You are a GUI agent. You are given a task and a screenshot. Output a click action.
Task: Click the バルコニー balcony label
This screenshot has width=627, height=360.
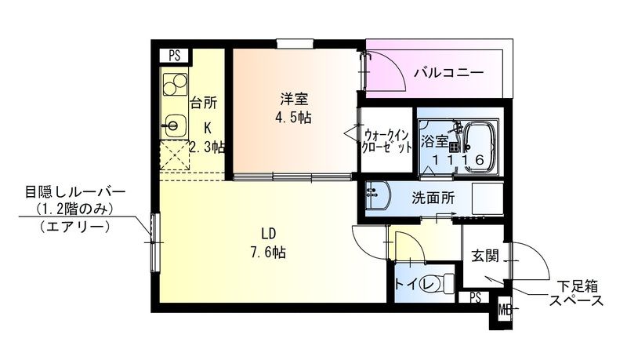pyautogui.click(x=448, y=73)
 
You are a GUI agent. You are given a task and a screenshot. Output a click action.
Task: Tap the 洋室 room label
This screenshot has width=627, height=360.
pyautogui.click(x=295, y=100)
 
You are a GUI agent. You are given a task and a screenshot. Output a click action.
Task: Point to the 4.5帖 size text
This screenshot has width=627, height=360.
pyautogui.click(x=295, y=118)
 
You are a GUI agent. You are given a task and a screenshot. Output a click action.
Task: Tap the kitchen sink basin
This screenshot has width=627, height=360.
pyautogui.click(x=174, y=122)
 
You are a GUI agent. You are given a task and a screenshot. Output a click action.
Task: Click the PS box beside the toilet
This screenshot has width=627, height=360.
pyautogui.click(x=476, y=297)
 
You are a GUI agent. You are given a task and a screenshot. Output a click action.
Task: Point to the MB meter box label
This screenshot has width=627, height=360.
pyautogui.click(x=504, y=308)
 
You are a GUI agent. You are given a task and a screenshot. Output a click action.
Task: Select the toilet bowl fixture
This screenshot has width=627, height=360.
pyautogui.click(x=443, y=282)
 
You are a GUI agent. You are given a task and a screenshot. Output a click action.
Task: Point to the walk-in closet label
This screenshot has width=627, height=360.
pyautogui.click(x=386, y=140)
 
